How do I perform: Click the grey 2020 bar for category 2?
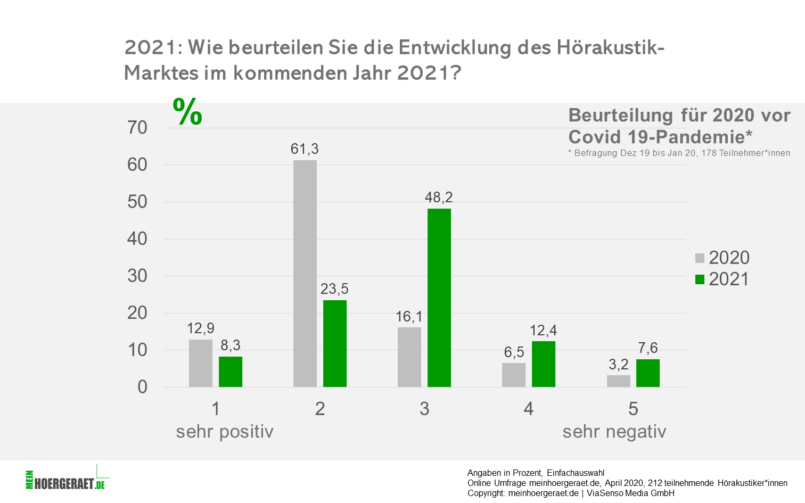coord(305,274)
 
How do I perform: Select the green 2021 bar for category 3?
coord(439,298)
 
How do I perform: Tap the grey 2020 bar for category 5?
coord(619,381)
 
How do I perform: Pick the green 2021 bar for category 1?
coord(231,372)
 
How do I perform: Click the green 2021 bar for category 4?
coord(544,364)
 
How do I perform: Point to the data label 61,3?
coord(305,149)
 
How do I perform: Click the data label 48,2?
coord(439,197)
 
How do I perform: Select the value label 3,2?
coord(619,365)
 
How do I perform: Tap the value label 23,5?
coord(334,289)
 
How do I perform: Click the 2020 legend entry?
coord(722,258)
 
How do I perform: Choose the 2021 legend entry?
coord(722,279)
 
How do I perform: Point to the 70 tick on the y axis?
coord(137,128)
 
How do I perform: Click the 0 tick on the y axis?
coord(142,387)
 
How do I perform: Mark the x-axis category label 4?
coord(529,409)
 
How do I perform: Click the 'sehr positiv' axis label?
coord(225,432)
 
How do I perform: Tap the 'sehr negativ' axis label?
coord(614,432)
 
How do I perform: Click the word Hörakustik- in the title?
coord(611,48)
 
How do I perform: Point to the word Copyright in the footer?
coord(486,493)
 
